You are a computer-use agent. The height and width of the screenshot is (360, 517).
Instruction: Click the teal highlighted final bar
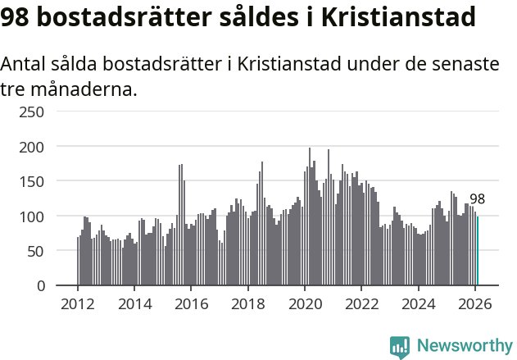(478, 251)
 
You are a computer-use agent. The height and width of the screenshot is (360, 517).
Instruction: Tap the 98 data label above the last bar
(477, 199)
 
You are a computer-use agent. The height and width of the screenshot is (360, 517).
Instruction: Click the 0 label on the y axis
(40, 286)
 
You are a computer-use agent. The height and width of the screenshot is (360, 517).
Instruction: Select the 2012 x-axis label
(78, 303)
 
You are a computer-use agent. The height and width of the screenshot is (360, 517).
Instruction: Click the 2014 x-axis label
(134, 303)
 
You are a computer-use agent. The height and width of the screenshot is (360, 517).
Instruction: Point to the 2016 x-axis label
(191, 303)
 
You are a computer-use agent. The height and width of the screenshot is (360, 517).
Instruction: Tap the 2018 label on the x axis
(247, 303)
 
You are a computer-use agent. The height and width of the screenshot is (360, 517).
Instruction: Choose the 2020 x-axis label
(305, 303)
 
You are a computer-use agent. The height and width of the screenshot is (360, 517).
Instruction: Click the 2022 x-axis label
(361, 303)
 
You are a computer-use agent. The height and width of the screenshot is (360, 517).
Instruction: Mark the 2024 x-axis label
(418, 303)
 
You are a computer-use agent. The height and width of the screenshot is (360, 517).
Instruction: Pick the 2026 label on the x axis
(474, 303)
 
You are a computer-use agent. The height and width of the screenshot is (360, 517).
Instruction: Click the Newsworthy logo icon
(400, 347)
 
